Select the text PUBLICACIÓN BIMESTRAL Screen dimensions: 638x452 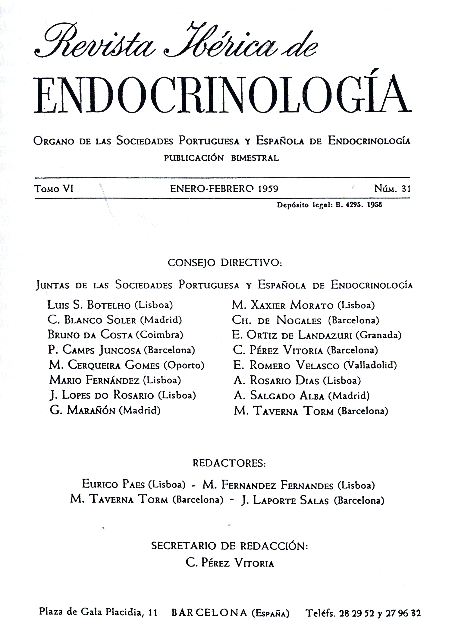click(221, 158)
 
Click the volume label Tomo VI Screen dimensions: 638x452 click(54, 189)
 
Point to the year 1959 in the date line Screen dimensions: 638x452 click(268, 189)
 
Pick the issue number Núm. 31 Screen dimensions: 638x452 click(392, 189)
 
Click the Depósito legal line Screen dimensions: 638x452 click(329, 205)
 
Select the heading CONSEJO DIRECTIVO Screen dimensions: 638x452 click(225, 263)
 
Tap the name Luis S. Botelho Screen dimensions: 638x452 click(89, 305)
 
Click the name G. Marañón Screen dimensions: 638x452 click(83, 410)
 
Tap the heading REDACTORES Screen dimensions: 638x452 click(229, 463)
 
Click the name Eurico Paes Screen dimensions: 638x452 click(113, 484)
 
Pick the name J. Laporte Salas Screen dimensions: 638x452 click(284, 500)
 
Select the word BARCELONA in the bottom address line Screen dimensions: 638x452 click(209, 613)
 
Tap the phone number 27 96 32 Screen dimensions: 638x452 click(403, 613)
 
